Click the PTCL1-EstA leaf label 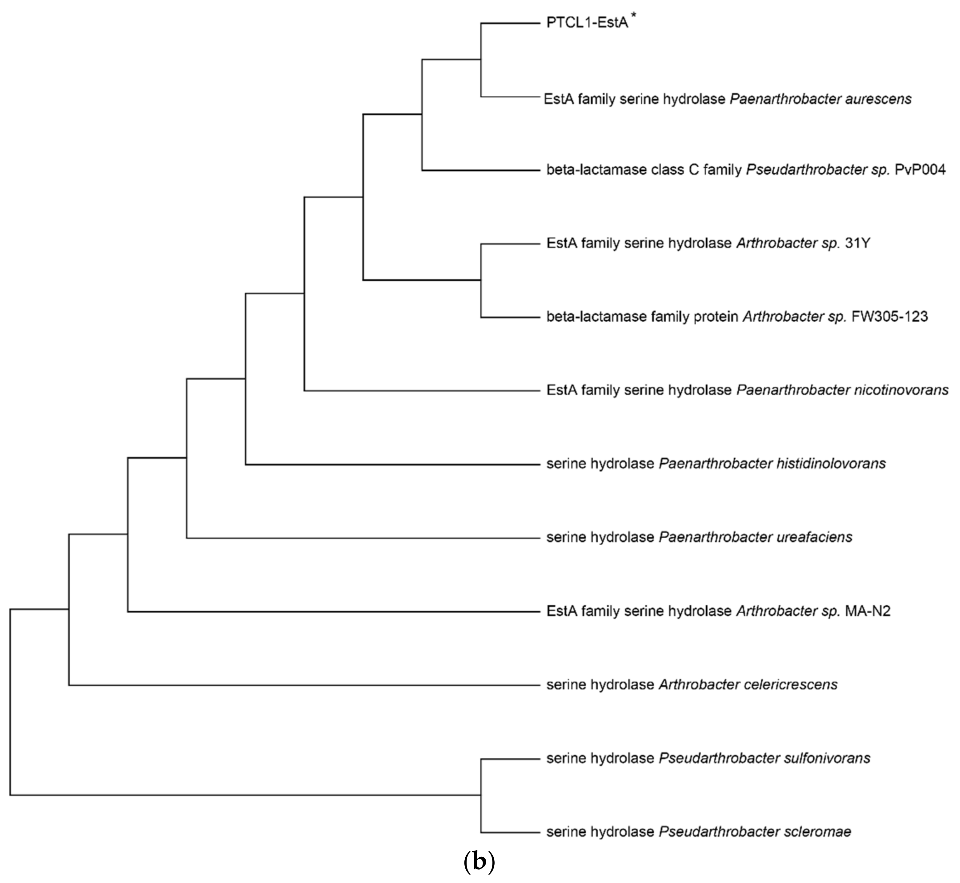coord(587,23)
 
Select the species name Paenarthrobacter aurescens coord(820,99)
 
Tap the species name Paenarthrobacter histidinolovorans coord(772,463)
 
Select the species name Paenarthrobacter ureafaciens coord(755,537)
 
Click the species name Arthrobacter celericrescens coord(748,685)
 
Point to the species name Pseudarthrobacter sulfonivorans coord(764,758)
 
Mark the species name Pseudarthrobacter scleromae coord(755,832)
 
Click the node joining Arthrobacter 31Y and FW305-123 coord(481,280)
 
